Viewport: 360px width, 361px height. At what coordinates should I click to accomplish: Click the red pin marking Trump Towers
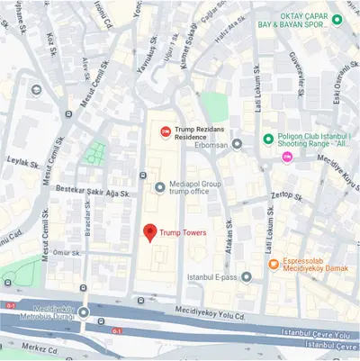(x=149, y=230)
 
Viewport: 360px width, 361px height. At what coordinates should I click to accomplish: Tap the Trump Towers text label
(x=184, y=232)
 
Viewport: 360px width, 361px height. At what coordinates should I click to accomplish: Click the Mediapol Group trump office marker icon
(x=161, y=187)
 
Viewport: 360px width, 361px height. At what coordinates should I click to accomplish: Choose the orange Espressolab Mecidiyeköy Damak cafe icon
(x=274, y=263)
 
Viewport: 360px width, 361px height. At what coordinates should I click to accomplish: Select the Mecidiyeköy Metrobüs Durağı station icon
(x=84, y=312)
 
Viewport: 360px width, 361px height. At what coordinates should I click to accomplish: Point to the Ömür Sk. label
(x=67, y=254)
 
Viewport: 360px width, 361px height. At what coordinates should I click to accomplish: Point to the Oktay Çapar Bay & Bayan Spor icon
(x=336, y=20)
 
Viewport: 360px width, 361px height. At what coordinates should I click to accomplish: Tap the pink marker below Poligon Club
(x=287, y=158)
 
